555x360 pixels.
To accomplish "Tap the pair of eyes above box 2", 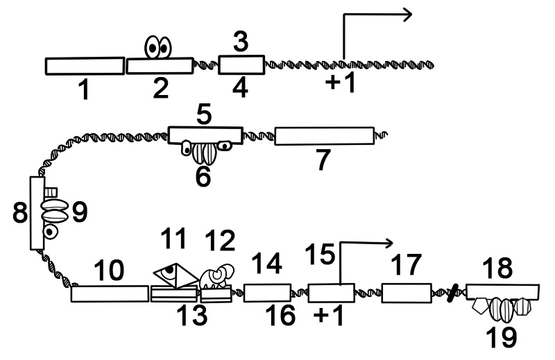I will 158,48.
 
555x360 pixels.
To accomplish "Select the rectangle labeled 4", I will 241,65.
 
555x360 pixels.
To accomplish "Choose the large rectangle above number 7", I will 324,136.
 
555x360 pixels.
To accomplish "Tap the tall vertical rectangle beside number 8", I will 37,213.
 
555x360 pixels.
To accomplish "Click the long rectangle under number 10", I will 110,293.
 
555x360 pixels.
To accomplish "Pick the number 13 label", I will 191,316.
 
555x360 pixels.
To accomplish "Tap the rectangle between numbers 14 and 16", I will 267,293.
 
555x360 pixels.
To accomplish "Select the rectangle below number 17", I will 406,293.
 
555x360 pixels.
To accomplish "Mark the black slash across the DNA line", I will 452,294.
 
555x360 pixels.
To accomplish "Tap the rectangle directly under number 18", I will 504,291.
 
